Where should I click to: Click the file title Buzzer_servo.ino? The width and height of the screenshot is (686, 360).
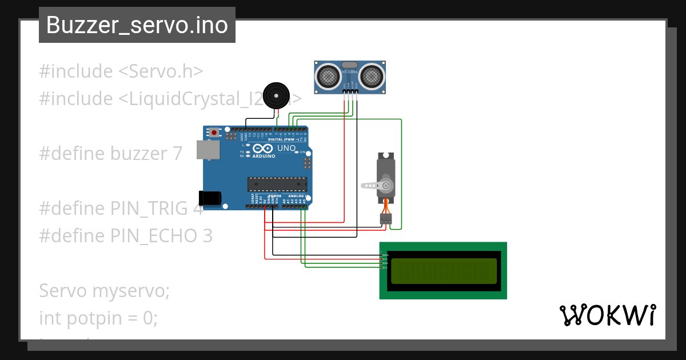(x=137, y=25)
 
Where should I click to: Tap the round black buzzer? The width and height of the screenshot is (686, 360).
(x=277, y=94)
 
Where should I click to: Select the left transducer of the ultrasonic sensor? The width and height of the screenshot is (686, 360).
(x=328, y=75)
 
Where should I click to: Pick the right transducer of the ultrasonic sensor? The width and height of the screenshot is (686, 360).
(x=371, y=75)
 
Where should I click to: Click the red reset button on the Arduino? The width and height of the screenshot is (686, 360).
(x=214, y=133)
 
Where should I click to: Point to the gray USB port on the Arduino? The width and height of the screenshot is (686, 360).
(x=208, y=150)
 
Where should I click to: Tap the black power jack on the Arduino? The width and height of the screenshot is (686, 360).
(x=209, y=197)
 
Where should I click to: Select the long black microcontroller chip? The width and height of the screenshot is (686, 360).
(x=277, y=184)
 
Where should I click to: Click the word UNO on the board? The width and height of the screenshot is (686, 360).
(x=286, y=149)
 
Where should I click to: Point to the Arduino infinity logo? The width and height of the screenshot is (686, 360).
(x=262, y=149)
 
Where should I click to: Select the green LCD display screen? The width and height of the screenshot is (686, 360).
(x=443, y=271)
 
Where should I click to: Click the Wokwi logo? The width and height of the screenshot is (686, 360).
(x=607, y=315)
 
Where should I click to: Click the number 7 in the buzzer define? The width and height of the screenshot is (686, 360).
(x=177, y=153)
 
